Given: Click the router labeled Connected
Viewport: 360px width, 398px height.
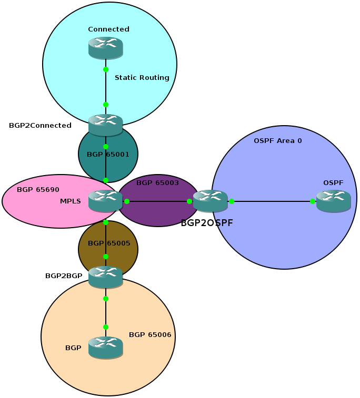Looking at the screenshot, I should point(105,48).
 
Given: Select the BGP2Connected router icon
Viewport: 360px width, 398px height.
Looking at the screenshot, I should point(105,125).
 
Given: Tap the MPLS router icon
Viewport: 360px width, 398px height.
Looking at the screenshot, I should point(105,201).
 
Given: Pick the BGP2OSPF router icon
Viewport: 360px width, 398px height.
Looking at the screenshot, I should point(210,201).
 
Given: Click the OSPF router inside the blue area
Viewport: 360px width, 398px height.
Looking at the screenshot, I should point(333,201).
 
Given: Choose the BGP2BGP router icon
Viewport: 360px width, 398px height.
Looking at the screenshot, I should point(105,277).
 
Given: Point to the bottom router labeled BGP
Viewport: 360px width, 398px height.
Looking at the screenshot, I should point(105,348).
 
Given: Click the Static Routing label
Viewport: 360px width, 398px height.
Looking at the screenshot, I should point(142,78).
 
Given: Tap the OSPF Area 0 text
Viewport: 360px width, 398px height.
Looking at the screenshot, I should point(277,141).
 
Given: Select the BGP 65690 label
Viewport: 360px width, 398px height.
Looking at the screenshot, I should point(38,189).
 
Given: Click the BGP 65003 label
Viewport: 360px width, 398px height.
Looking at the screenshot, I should point(157,183).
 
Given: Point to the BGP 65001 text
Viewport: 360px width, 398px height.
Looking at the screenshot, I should point(108,155).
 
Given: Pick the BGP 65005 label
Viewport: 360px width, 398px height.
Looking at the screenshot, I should point(109,243).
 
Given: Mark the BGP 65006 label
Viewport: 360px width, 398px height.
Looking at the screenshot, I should point(150,334).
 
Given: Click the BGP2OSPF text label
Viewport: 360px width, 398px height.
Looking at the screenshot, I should point(207,223).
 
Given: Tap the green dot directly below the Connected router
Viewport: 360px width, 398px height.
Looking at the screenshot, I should point(106,69).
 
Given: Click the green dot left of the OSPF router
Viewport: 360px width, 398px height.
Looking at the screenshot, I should point(313,201).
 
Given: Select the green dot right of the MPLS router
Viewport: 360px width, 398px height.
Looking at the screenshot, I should point(127,201).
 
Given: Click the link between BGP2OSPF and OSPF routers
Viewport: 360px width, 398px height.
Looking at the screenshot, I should point(271,201).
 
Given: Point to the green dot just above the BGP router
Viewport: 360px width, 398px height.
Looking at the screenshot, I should point(106,327).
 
